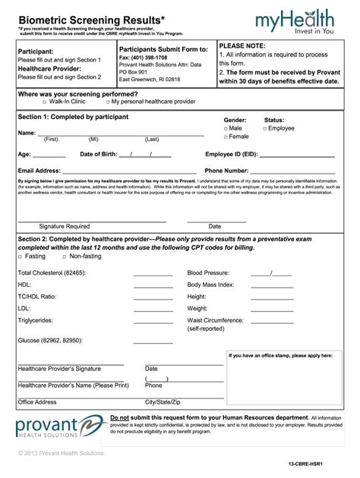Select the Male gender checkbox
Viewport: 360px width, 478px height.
tap(226, 129)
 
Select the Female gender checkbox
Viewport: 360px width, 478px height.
tap(226, 137)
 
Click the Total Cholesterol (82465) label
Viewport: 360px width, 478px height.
tap(51, 272)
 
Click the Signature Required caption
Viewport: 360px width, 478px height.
tap(65, 226)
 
